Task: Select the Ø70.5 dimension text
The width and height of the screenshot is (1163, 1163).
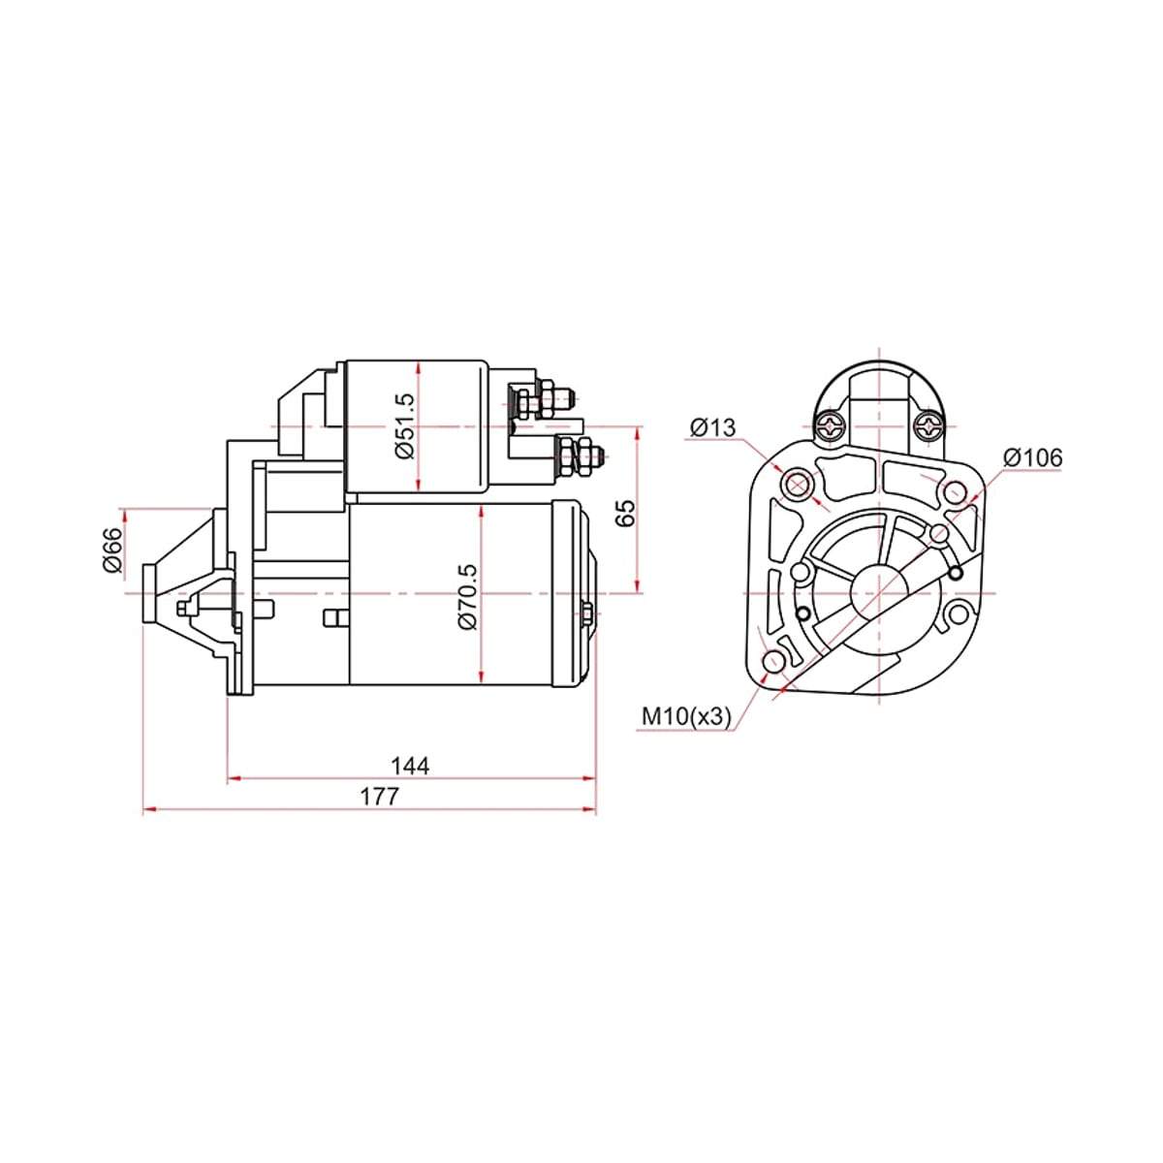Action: click(x=467, y=597)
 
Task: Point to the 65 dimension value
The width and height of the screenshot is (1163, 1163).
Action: click(x=626, y=513)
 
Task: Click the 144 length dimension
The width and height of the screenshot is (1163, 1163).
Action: click(x=410, y=766)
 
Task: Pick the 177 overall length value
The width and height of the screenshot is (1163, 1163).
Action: click(x=379, y=797)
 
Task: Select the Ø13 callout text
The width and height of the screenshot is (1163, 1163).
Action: click(x=712, y=427)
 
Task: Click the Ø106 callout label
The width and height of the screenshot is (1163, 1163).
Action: click(x=1032, y=458)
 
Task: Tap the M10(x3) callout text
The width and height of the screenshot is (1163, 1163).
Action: click(x=686, y=716)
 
